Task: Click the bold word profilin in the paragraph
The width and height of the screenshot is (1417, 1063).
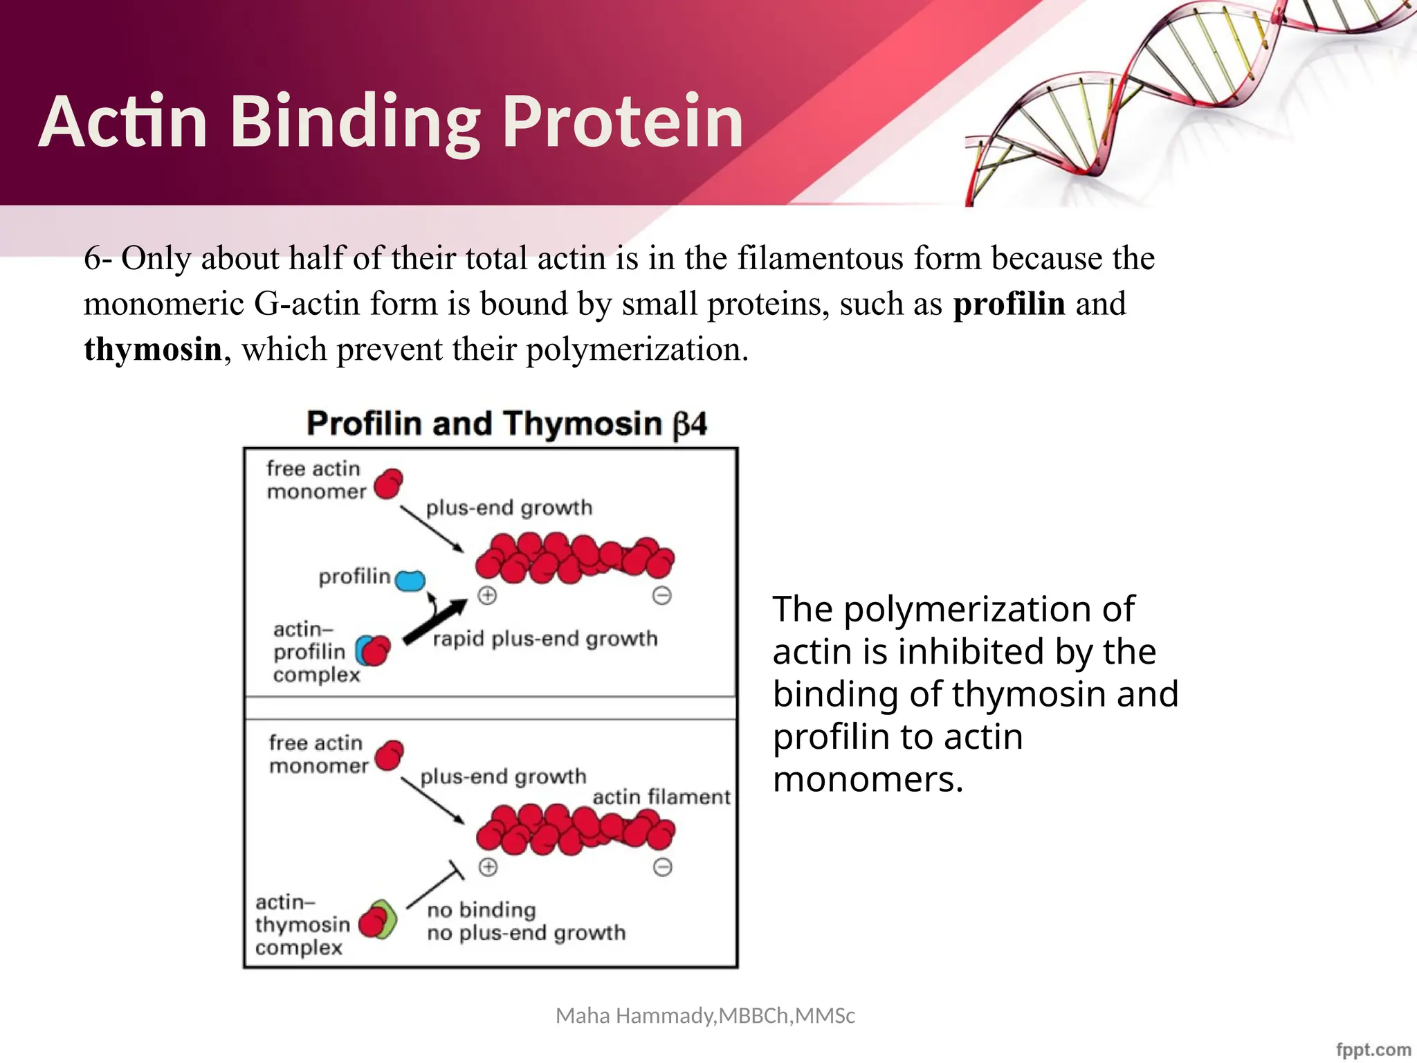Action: point(1009,304)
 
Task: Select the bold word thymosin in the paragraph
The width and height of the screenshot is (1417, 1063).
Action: point(152,349)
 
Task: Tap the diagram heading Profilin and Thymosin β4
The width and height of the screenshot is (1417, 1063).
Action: point(506,424)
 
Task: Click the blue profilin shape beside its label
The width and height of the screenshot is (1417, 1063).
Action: point(410,580)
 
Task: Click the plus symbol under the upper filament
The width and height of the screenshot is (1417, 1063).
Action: point(487,595)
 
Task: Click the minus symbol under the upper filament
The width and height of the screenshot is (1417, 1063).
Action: point(661,595)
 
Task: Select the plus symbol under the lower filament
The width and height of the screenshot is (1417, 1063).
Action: point(488,867)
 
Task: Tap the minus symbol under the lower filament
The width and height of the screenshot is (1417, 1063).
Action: point(662,867)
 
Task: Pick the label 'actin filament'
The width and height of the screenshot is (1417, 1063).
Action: point(661,797)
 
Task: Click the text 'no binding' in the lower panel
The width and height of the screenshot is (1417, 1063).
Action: point(482,909)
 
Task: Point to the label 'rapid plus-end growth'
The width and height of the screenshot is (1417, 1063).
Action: point(545,638)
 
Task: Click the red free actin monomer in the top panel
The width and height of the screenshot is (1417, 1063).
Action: point(388,483)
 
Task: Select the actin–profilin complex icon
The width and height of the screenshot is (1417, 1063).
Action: point(373,651)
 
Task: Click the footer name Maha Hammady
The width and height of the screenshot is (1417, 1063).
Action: point(636,1015)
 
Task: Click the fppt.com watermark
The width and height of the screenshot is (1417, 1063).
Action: point(1373,1049)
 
